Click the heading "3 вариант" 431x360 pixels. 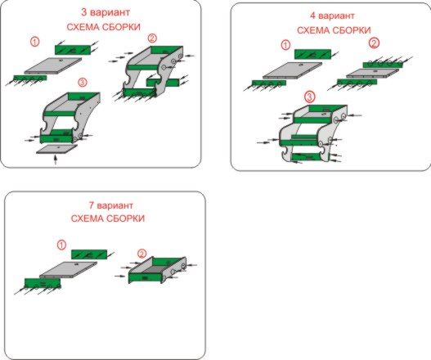click(x=106, y=12)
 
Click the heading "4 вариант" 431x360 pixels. click(x=332, y=16)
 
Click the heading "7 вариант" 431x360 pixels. click(x=111, y=205)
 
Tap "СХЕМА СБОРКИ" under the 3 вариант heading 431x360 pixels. click(x=104, y=27)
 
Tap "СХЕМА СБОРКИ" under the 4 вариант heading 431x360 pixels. click(x=334, y=30)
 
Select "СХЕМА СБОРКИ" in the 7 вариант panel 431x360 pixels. click(x=108, y=218)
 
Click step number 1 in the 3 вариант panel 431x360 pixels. click(x=34, y=42)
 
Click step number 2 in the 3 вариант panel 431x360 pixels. click(x=152, y=38)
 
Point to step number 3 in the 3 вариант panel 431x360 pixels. click(x=83, y=82)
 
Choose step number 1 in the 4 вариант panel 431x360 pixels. click(x=286, y=45)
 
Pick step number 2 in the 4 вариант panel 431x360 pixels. click(x=374, y=43)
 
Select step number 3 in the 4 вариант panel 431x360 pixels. click(x=309, y=97)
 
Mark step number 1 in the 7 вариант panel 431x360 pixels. click(x=61, y=245)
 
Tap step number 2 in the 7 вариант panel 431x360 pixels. click(x=141, y=254)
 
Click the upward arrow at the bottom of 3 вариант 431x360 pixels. click(x=56, y=160)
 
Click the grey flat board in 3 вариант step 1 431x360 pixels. click(x=53, y=65)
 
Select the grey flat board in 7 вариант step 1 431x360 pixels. click(x=69, y=270)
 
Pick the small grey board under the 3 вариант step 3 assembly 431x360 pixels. click(x=57, y=149)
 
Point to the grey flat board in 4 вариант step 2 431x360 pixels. click(x=372, y=73)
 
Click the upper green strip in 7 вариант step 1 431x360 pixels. click(x=89, y=254)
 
